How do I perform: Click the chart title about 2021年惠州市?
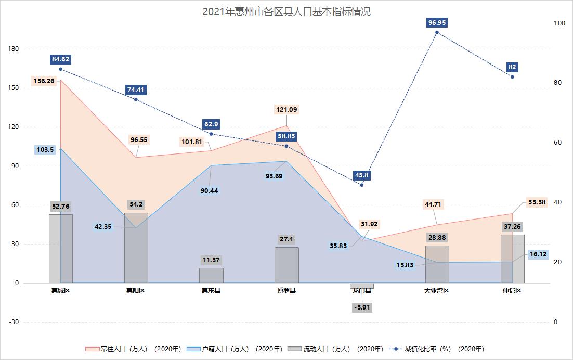(286, 12)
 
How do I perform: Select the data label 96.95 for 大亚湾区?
(437, 23)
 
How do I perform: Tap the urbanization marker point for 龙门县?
(362, 185)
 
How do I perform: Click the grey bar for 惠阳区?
(136, 248)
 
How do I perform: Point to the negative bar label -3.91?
(361, 307)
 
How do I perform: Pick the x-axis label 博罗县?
(286, 291)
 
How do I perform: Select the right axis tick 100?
(559, 23)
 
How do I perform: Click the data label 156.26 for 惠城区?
(44, 81)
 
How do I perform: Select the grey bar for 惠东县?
(211, 275)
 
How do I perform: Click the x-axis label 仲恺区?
(512, 291)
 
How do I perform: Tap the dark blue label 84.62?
(61, 59)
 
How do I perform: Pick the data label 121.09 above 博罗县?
(286, 110)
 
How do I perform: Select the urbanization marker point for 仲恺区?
(512, 77)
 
